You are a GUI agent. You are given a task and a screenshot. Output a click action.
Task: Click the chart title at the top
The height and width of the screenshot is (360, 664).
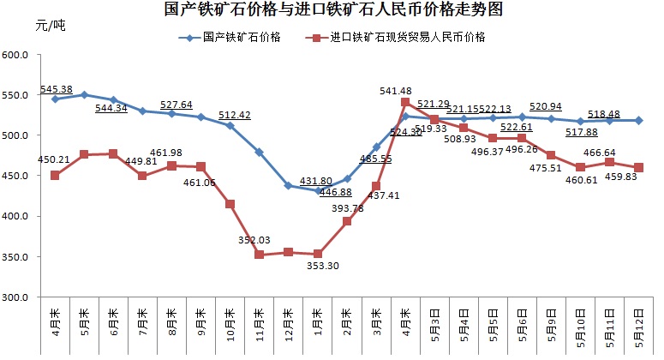333,10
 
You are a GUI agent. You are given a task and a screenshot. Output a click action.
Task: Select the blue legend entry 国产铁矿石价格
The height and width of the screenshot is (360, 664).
236,38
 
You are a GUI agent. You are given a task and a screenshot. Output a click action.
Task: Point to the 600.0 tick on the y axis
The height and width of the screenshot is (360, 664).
17,55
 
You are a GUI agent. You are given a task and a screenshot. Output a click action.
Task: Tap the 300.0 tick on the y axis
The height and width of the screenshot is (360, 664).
17,297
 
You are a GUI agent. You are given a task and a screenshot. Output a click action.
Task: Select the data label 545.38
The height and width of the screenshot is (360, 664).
56,89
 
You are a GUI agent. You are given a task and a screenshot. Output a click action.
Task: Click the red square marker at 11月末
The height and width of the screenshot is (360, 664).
259,255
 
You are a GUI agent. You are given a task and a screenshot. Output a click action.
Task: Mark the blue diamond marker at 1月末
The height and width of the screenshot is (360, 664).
317,191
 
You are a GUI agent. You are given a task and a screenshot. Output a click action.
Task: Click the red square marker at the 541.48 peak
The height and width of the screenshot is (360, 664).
404,102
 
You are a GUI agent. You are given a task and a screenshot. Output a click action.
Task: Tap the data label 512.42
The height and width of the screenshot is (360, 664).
234,115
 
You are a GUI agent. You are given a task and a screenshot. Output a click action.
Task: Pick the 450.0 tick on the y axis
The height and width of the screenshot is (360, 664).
17,176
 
